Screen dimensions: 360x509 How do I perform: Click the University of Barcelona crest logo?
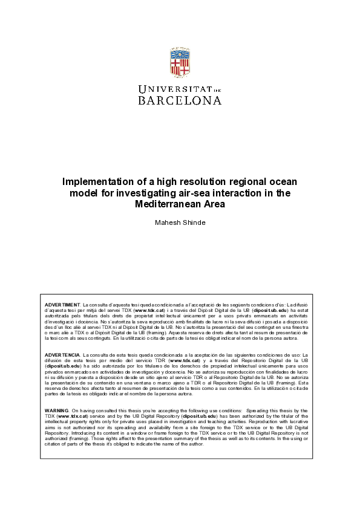[180, 63]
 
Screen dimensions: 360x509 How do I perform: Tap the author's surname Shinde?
[194, 222]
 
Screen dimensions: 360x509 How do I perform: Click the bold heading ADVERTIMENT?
[62, 304]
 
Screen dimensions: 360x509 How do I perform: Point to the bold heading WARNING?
[56, 394]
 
